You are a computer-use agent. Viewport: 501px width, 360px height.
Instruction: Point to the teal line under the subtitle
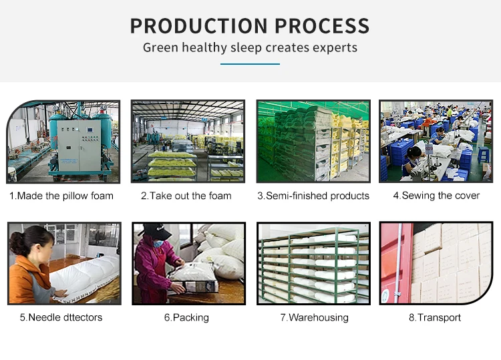250,64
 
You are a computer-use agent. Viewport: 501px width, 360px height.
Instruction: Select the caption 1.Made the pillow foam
61,196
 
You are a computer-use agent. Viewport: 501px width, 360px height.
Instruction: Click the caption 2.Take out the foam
186,196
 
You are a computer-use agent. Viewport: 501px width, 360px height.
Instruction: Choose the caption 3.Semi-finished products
313,196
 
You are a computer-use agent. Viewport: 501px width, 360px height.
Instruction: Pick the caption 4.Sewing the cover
436,196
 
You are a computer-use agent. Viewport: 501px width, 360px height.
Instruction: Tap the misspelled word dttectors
80,317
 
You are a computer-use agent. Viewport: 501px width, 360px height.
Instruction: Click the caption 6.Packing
186,317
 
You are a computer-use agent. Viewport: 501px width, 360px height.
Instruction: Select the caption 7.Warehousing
314,317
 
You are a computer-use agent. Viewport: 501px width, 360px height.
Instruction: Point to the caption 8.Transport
435,317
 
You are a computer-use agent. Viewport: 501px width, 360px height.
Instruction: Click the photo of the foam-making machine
64,141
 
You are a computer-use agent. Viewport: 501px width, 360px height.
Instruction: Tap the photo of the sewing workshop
436,141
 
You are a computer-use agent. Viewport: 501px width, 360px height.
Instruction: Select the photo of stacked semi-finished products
313,141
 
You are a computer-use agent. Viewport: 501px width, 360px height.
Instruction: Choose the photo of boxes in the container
436,263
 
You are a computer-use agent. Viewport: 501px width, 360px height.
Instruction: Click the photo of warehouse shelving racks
313,263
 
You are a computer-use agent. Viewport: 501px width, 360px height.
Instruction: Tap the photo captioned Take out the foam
187,141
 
